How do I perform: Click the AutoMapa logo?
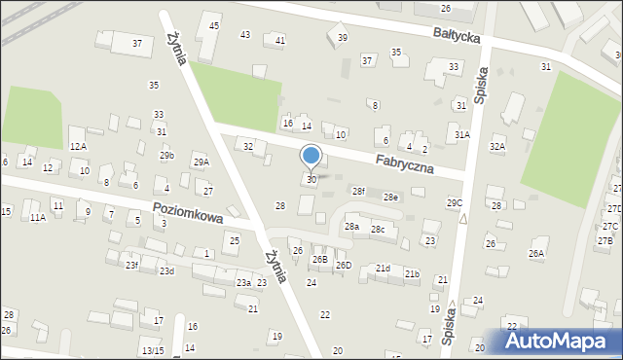[562, 342]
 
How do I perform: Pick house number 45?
[214, 25]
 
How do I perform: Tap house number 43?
[245, 35]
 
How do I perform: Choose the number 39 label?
[342, 37]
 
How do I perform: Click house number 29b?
[167, 156]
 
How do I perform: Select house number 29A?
[201, 162]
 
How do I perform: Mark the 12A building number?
[78, 146]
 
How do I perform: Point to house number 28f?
[358, 192]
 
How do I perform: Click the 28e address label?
[390, 198]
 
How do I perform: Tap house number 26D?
[344, 265]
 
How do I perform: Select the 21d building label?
[383, 269]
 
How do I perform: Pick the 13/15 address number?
[152, 350]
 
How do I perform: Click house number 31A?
[461, 134]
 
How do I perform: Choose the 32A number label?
[497, 147]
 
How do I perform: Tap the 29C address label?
[455, 202]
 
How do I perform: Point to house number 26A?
[536, 254]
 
